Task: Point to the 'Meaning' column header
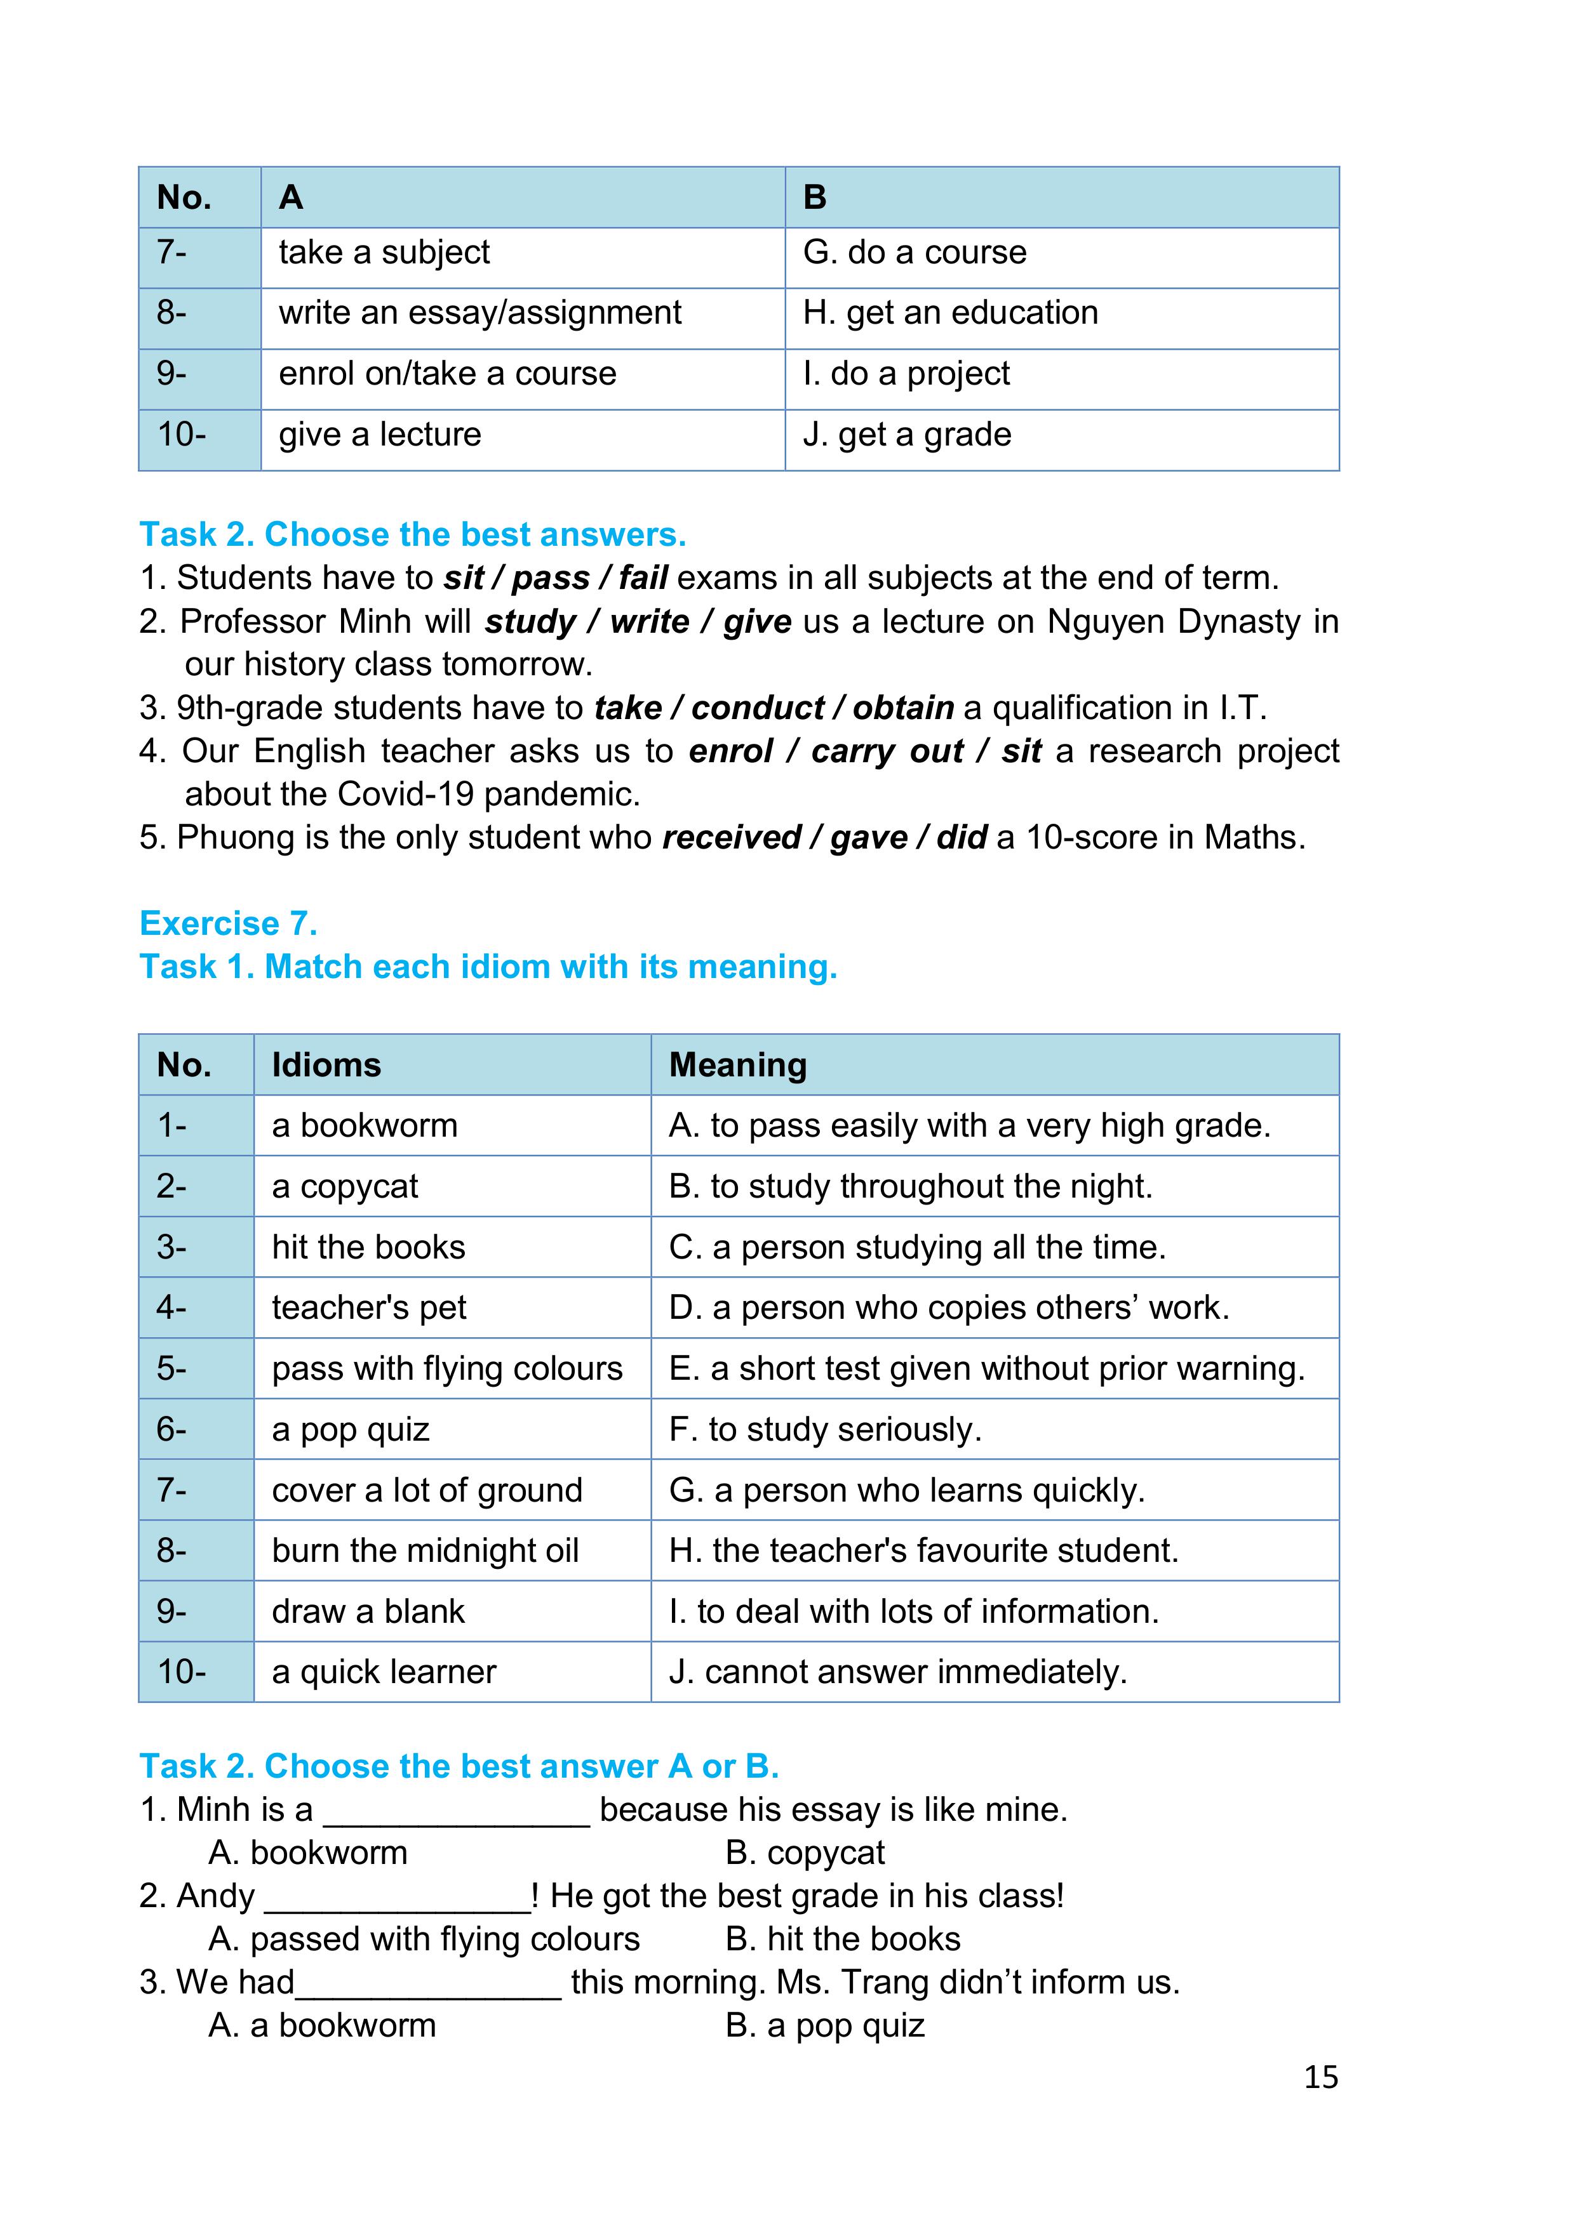737,1065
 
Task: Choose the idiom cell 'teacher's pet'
369,1307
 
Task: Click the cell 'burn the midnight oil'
425,1550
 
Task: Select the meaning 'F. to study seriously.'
825,1429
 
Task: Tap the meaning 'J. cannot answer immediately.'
897,1671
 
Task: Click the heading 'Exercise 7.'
228,923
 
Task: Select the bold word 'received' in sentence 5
732,837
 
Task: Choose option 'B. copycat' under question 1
805,1853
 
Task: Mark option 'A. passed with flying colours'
424,1939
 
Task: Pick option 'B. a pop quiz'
825,2025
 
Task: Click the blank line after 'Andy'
397,1897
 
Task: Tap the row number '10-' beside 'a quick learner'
182,1671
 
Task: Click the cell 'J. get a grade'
906,435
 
